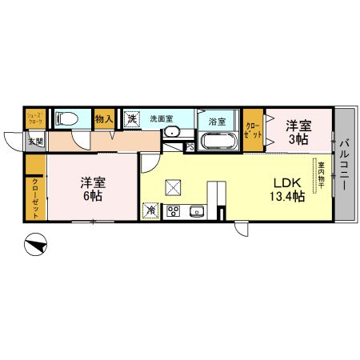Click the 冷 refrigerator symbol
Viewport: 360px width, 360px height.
click(151, 210)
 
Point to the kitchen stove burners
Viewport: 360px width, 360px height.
click(173, 212)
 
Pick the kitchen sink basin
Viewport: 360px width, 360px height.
click(197, 212)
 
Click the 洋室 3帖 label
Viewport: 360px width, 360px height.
click(298, 132)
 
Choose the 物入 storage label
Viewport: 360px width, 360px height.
click(104, 119)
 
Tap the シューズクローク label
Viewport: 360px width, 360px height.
click(34, 118)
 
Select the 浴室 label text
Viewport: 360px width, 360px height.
click(217, 122)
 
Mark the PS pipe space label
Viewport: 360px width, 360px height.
click(189, 146)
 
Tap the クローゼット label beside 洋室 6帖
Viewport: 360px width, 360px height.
click(34, 196)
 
